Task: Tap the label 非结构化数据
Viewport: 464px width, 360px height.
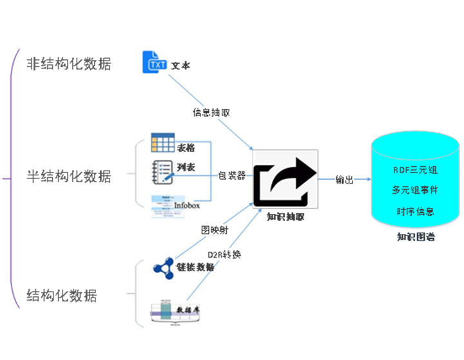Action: (68, 64)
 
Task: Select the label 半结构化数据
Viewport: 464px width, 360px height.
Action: (68, 176)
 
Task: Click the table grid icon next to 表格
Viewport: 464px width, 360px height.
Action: (162, 142)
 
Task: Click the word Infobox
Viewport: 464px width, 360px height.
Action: (187, 205)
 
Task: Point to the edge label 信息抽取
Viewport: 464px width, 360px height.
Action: (211, 112)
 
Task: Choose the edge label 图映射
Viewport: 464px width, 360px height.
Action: (213, 228)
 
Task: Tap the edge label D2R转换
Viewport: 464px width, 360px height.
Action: (224, 254)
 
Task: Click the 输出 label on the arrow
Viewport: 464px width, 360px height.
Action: (345, 180)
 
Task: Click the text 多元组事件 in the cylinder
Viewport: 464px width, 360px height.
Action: (415, 191)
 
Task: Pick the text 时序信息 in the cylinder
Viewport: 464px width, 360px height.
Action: (415, 211)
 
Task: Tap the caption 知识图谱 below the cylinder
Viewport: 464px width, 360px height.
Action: (416, 237)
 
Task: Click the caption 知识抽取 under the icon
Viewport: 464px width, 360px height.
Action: (285, 217)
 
